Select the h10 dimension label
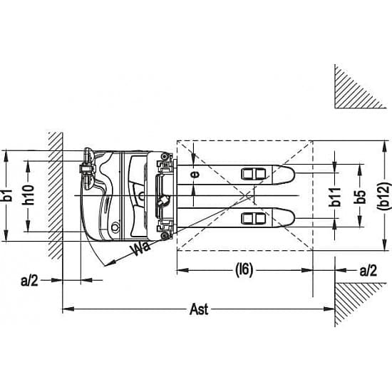[28, 195]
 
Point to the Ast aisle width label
[199, 309]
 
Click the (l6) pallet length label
[244, 270]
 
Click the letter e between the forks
[196, 174]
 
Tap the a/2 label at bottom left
[29, 281]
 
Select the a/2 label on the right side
[368, 270]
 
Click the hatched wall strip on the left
[56, 195]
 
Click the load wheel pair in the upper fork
[253, 174]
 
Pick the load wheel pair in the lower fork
[253, 219]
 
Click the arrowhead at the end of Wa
[110, 263]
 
